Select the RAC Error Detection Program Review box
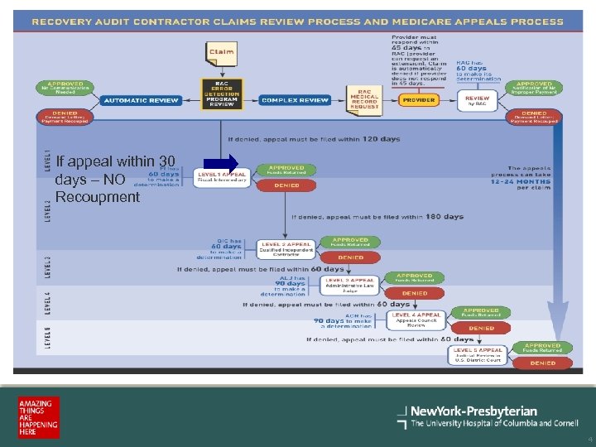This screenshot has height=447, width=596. tap(221, 94)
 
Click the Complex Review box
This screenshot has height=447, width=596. tap(296, 100)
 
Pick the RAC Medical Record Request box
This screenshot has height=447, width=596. tap(364, 100)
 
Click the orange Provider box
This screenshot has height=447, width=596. tap(419, 100)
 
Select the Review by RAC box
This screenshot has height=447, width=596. tap(478, 100)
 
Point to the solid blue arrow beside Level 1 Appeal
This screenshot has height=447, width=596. tap(221, 161)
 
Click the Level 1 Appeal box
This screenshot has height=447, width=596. tap(222, 177)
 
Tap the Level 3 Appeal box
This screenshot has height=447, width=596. tap(351, 284)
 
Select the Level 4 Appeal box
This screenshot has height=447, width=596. tap(416, 319)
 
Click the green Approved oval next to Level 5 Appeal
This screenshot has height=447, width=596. tap(542, 348)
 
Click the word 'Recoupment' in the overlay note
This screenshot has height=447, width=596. tap(98, 197)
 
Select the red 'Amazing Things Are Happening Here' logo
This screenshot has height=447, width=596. tap(38, 418)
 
